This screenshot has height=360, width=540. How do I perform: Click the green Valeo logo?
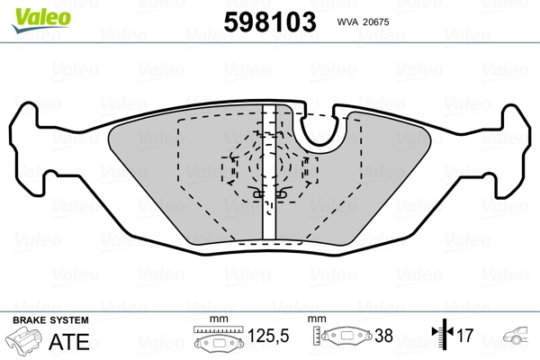point(41,20)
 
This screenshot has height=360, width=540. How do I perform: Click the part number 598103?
point(270,22)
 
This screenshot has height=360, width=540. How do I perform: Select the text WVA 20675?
point(363,22)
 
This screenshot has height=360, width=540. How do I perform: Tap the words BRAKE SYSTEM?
point(50,320)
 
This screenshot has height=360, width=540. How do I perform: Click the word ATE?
point(69,341)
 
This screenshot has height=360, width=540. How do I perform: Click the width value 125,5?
point(268,336)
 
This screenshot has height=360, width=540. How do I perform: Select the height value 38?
point(383,336)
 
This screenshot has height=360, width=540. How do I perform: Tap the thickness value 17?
point(465,335)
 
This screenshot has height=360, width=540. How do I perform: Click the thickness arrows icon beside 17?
point(443,334)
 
